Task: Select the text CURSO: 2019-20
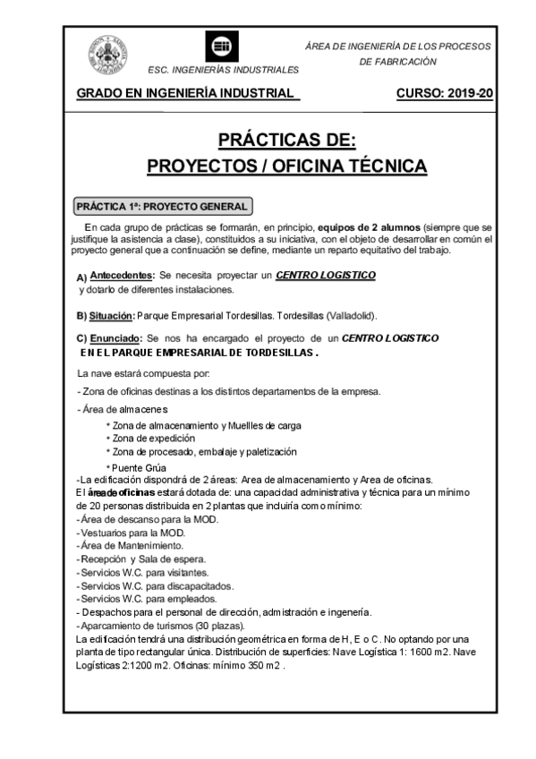click(x=444, y=94)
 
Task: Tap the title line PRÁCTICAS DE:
click(x=287, y=141)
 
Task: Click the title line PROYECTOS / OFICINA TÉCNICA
click(x=287, y=166)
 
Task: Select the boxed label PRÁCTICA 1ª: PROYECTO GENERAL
click(x=162, y=205)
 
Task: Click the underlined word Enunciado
click(x=115, y=338)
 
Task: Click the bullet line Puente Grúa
click(x=140, y=467)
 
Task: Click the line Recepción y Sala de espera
click(x=143, y=558)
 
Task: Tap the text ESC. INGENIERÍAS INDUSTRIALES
click(x=223, y=69)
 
